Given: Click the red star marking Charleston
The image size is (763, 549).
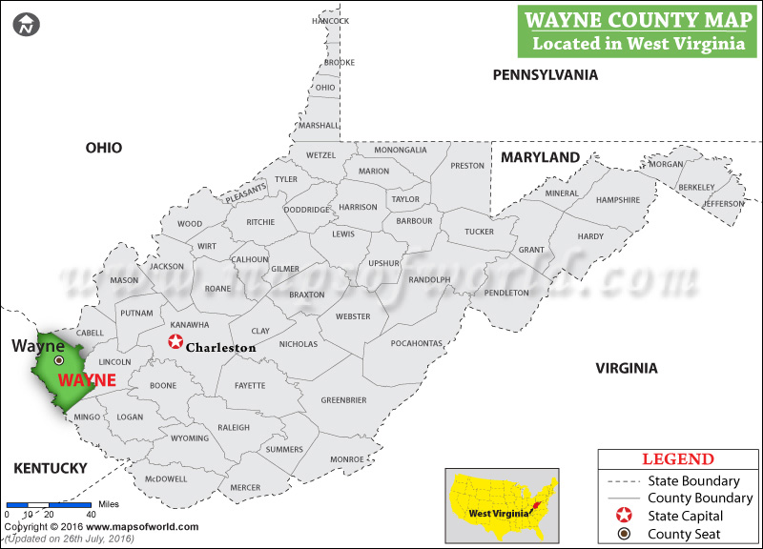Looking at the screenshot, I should pyautogui.click(x=175, y=342).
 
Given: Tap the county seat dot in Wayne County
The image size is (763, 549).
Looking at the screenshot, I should pyautogui.click(x=58, y=360).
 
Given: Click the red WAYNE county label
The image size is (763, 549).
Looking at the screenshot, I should pyautogui.click(x=87, y=379).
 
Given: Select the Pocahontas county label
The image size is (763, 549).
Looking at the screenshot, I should pyautogui.click(x=417, y=343).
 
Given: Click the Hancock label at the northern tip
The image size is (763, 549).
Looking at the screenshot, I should pyautogui.click(x=331, y=21).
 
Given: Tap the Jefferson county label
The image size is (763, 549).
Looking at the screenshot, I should pyautogui.click(x=723, y=204).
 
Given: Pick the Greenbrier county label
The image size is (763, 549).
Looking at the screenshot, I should pyautogui.click(x=343, y=400).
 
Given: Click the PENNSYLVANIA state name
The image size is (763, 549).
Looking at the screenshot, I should pyautogui.click(x=545, y=74).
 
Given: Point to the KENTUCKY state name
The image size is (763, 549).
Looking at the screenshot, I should pyautogui.click(x=50, y=468).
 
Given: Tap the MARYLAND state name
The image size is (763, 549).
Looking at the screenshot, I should pyautogui.click(x=541, y=157).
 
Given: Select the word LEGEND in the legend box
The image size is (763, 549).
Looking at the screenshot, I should pyautogui.click(x=677, y=459).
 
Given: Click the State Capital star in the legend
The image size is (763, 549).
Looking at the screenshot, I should pyautogui.click(x=625, y=516).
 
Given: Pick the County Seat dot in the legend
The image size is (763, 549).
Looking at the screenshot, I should pyautogui.click(x=625, y=534).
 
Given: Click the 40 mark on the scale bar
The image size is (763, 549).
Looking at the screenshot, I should pyautogui.click(x=90, y=515).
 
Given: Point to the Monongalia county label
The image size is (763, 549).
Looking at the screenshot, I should pyautogui.click(x=401, y=150).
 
